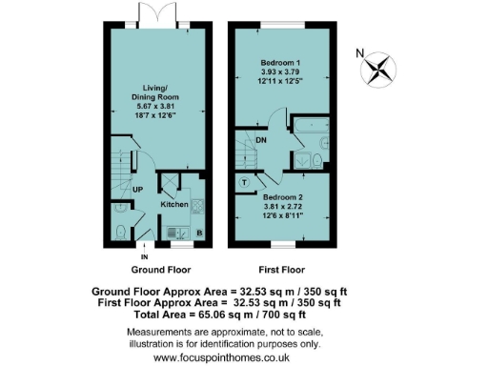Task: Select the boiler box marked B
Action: click(x=198, y=231)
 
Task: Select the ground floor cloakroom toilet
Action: click(x=118, y=232)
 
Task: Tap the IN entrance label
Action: click(x=145, y=256)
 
